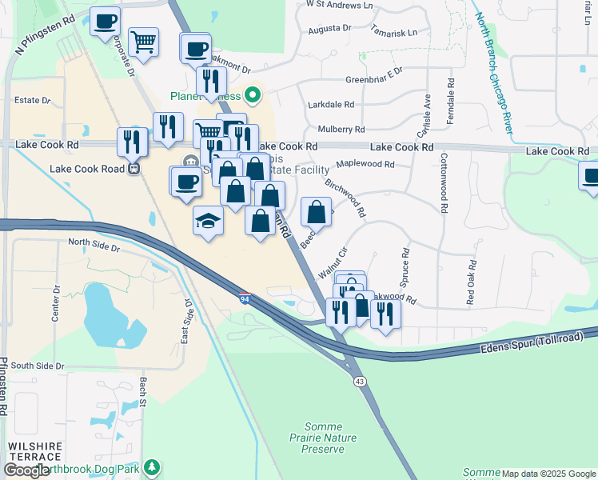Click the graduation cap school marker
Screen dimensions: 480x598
[x=208, y=220]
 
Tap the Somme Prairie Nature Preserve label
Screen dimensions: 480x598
[x=322, y=438]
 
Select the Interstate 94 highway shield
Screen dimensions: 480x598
[x=245, y=298]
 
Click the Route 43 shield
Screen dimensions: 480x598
[x=360, y=382]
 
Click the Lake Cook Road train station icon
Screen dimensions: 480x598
[x=134, y=169]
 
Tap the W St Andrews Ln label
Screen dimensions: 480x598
[x=340, y=5]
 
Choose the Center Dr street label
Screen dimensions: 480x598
[x=56, y=302]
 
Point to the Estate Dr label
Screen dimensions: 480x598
[x=33, y=101]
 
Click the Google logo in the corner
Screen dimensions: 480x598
[x=27, y=470]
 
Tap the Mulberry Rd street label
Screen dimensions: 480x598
[x=341, y=129]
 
